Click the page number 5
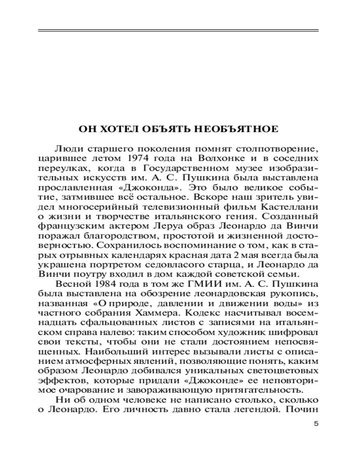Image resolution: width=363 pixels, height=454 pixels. click(x=316, y=424)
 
